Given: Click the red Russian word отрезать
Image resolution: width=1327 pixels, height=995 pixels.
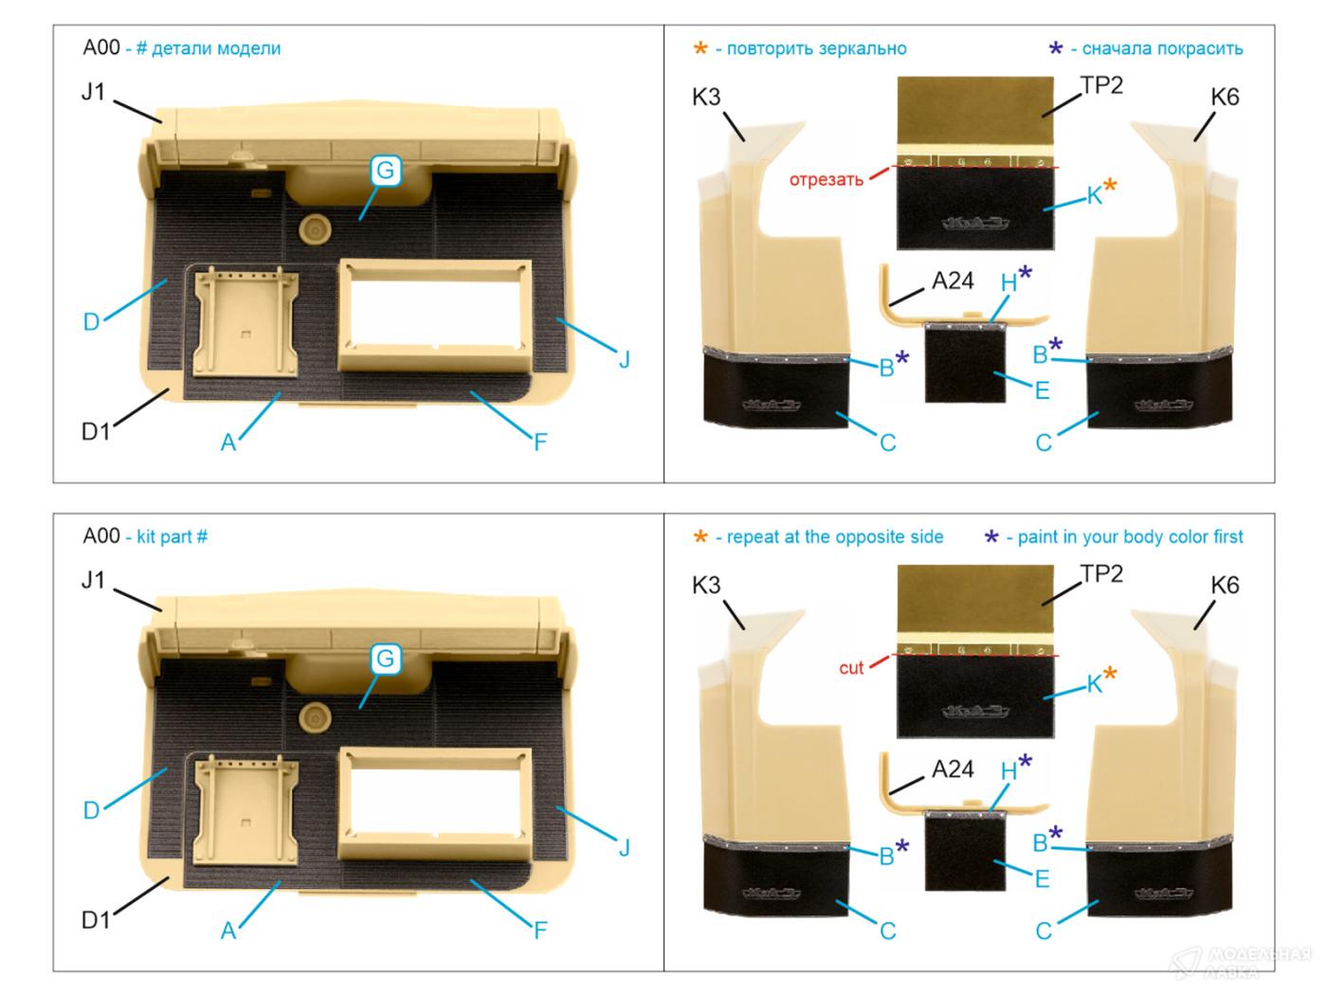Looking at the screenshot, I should pyautogui.click(x=826, y=179).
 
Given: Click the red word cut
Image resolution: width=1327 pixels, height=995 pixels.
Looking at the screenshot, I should pyautogui.click(x=851, y=668).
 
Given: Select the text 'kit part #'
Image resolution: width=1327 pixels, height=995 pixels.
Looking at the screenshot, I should pyautogui.click(x=172, y=536).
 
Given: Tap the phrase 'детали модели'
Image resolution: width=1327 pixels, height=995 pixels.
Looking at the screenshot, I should pyautogui.click(x=216, y=48).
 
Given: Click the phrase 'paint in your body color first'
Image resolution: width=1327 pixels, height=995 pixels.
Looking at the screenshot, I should pyautogui.click(x=1130, y=537).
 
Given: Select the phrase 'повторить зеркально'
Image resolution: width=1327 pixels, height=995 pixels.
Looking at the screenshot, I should pyautogui.click(x=816, y=48).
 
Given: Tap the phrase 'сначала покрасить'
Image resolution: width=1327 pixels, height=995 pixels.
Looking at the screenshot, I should pyautogui.click(x=1162, y=48).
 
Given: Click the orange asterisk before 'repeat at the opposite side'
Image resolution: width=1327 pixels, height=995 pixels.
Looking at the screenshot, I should pyautogui.click(x=700, y=537).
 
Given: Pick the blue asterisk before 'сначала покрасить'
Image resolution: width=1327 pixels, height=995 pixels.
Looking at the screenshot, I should pyautogui.click(x=1056, y=48).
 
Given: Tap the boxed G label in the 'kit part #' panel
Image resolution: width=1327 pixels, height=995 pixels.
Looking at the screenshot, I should pyautogui.click(x=385, y=659).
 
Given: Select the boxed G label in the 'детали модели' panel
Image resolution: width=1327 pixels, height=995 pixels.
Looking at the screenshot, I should pyautogui.click(x=385, y=171).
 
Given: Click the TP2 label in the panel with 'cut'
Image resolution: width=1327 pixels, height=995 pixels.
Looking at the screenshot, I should pyautogui.click(x=1101, y=573).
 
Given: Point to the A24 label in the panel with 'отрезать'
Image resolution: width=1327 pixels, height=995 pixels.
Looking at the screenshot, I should pyautogui.click(x=953, y=280).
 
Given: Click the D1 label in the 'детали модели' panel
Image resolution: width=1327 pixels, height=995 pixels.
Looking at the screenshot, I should pyautogui.click(x=96, y=431).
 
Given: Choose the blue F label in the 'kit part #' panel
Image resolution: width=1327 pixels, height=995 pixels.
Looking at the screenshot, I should pyautogui.click(x=540, y=930).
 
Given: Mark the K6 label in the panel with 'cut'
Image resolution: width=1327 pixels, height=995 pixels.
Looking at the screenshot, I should pyautogui.click(x=1225, y=586).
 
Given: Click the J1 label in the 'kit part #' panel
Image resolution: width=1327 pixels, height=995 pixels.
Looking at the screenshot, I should pyautogui.click(x=93, y=580).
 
